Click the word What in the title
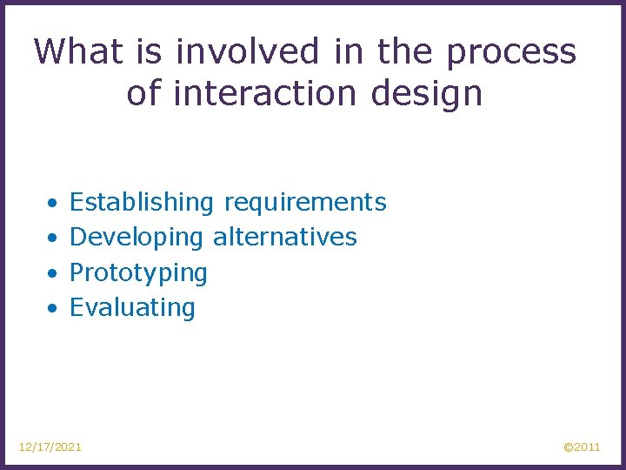pos(78,52)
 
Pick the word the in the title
pos(406,52)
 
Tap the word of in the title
pos(144,92)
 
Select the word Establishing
pos(141,204)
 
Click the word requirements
pos(305,204)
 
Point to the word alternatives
pos(285,237)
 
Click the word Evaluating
pos(132,308)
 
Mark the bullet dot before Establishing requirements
pos(53,204)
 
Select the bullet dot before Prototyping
pos(53,273)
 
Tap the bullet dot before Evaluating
pos(53,308)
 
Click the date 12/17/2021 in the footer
pos(50,446)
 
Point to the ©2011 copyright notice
pos(582,446)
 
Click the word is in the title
pos(150,52)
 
